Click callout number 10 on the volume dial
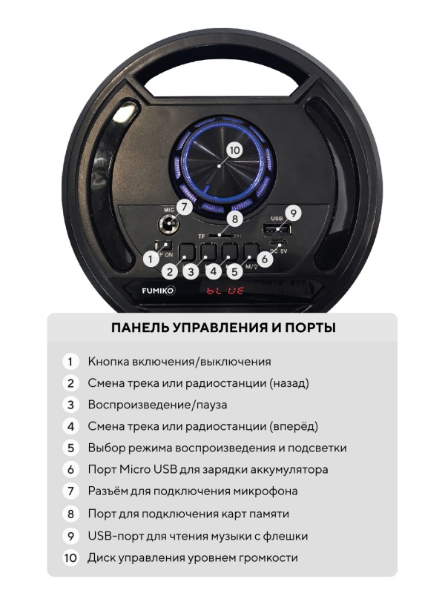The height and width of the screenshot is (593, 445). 234,150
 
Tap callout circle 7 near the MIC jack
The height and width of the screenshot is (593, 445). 184,207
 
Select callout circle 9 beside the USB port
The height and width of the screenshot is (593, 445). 293,213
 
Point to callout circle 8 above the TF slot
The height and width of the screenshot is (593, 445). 235,219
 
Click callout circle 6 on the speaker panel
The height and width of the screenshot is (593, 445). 265,259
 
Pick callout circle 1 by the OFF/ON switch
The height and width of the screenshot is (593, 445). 151,259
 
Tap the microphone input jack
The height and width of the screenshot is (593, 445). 168,225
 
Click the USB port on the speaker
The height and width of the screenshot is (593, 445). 277,229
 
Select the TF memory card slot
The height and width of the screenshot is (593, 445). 224,236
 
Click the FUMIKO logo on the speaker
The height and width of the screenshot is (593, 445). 158,291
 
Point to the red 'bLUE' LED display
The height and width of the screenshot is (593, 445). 225,291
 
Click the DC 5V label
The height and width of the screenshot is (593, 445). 278,251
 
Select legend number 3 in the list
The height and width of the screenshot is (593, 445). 70,405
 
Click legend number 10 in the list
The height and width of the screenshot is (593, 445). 70,558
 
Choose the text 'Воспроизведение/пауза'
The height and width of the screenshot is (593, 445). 157,405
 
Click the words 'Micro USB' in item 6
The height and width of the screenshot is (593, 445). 148,469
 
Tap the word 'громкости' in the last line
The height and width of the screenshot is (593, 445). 266,558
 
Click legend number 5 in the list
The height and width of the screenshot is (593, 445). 70,448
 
